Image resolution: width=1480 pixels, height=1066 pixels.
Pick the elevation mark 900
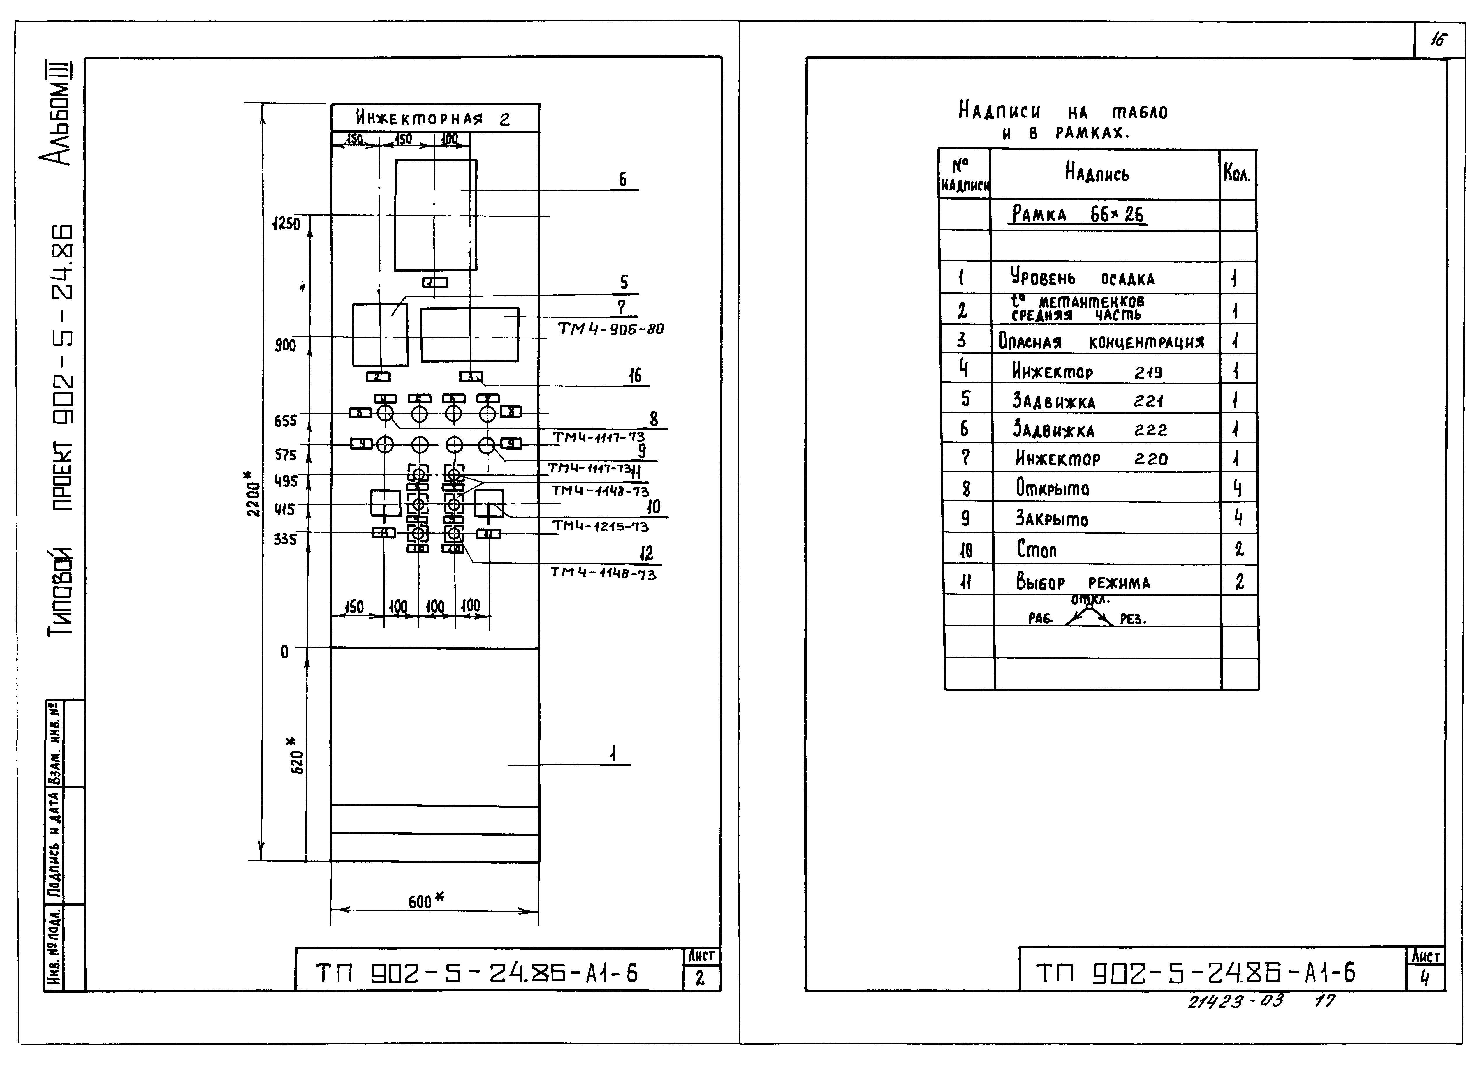click(x=285, y=345)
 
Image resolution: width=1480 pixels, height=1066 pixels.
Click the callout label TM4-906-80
click(x=610, y=329)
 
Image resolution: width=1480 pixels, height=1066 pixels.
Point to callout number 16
click(x=634, y=376)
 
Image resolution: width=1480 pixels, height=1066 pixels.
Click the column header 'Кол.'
click(x=1237, y=174)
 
